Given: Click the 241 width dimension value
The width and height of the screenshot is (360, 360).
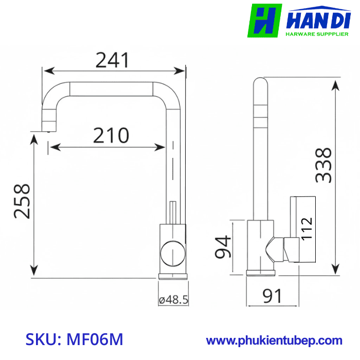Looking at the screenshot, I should (x=112, y=60).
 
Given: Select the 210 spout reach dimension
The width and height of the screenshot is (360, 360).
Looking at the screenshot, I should (x=111, y=135).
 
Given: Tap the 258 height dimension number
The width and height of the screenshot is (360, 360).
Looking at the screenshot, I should (x=22, y=201).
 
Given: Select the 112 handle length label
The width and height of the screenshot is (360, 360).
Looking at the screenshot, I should (x=307, y=228).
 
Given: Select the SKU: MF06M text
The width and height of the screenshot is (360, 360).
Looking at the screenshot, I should (x=75, y=340).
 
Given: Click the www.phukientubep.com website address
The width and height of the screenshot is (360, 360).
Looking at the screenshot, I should (x=274, y=340).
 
